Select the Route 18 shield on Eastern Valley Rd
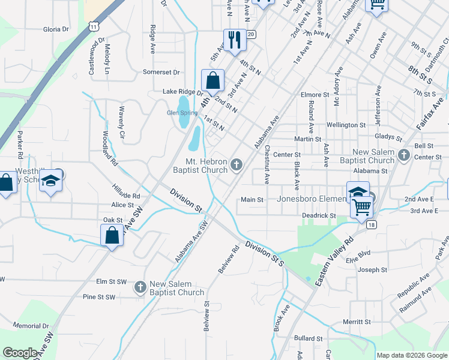372,224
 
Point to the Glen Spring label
181,112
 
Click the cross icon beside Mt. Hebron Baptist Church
237,164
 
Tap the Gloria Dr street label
56,29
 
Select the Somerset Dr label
161,72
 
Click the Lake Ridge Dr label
183,92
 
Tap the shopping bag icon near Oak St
112,235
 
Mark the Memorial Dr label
30,326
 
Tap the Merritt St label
357,322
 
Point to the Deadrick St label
319,215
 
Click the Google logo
20,353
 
